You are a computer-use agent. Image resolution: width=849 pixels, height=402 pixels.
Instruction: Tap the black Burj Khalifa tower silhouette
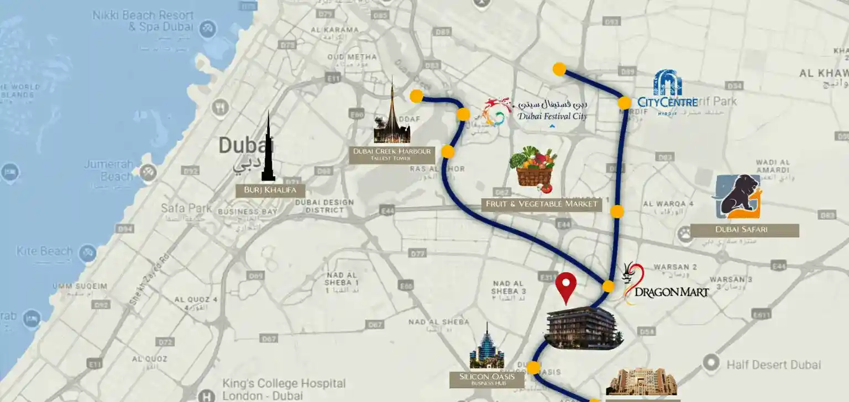(268, 149)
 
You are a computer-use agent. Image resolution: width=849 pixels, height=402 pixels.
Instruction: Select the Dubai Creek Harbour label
(391, 155)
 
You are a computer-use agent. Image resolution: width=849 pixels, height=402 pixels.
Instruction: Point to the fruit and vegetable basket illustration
(533, 167)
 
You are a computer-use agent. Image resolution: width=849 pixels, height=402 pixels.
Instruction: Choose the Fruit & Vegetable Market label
(541, 204)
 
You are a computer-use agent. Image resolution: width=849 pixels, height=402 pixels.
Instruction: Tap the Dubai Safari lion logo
(738, 197)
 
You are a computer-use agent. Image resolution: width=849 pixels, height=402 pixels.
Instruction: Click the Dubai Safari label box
(741, 230)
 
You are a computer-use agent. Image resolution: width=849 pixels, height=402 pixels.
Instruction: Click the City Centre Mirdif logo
(668, 93)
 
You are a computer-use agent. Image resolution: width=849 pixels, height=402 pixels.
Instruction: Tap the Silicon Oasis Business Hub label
(486, 379)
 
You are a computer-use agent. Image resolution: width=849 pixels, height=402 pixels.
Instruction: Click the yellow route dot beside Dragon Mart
(608, 286)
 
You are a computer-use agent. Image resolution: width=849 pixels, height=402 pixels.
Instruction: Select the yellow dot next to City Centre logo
(624, 103)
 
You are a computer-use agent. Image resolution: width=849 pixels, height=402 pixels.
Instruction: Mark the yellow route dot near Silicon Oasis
(533, 368)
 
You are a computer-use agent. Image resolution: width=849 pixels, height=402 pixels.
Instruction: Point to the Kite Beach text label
(45, 252)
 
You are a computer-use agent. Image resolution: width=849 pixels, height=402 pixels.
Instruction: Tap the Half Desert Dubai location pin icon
(711, 363)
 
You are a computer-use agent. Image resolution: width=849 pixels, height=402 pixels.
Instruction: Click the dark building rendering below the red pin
(583, 328)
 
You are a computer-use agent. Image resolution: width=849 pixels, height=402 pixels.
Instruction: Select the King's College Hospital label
(284, 389)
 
